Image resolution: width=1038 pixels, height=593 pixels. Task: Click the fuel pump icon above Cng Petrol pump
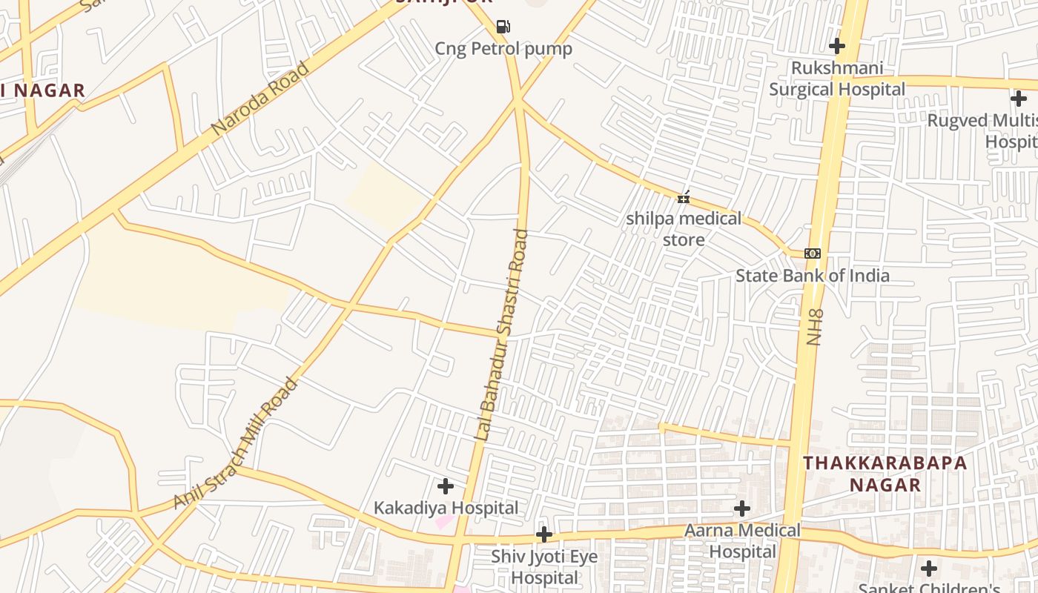(503, 27)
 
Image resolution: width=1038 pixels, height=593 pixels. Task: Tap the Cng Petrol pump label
(503, 49)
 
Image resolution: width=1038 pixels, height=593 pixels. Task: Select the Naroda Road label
(260, 99)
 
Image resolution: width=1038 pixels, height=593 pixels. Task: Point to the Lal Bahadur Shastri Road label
(503, 335)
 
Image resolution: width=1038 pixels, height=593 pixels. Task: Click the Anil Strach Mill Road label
(236, 444)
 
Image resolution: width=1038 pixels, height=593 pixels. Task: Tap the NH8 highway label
(814, 327)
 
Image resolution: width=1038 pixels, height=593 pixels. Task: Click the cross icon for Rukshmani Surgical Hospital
(837, 46)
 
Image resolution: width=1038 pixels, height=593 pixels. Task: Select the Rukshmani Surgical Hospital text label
(837, 79)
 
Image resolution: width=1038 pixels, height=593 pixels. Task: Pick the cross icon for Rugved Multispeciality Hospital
(1019, 98)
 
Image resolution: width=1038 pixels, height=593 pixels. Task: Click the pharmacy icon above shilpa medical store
(684, 197)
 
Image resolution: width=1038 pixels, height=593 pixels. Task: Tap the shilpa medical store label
(684, 229)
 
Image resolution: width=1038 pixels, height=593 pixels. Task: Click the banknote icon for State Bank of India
(813, 254)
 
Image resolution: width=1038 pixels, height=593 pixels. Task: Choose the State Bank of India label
(813, 276)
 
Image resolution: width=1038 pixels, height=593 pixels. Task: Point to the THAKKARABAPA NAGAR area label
(885, 474)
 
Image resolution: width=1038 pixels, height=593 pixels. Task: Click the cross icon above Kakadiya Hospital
(446, 486)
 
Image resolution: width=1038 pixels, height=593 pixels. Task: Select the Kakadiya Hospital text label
(446, 508)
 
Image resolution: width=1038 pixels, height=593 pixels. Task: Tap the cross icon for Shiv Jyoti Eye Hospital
(544, 534)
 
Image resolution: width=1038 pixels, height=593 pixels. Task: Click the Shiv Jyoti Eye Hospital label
(544, 566)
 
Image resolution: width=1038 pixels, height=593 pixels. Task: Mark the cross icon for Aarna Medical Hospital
(742, 508)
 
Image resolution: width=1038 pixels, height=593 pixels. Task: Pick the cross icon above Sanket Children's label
(929, 569)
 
